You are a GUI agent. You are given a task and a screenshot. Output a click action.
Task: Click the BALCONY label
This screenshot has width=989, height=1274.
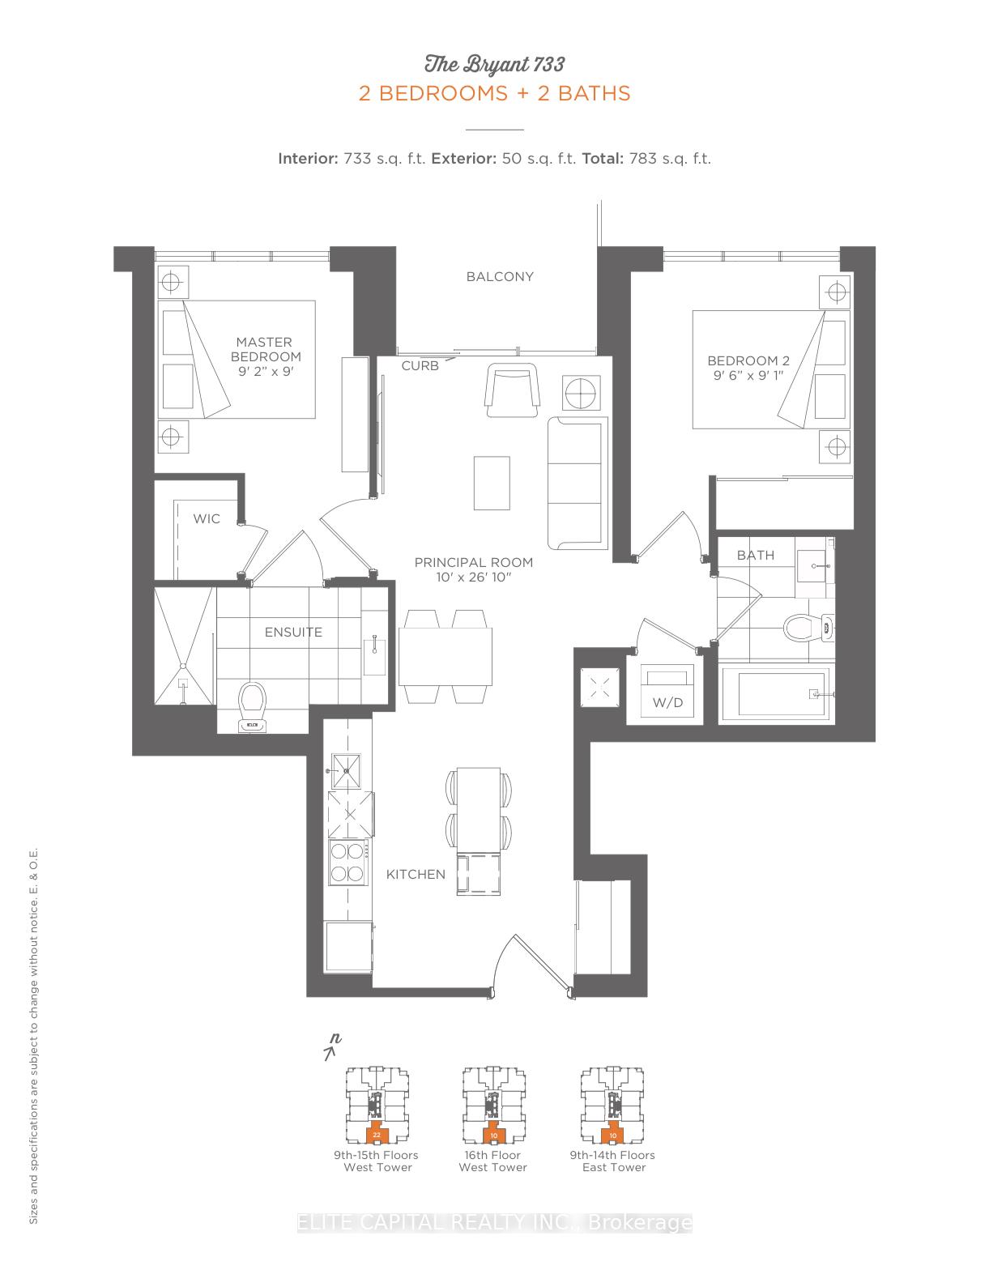click(x=500, y=276)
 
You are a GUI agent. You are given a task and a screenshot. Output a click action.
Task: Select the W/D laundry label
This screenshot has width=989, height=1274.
click(x=667, y=702)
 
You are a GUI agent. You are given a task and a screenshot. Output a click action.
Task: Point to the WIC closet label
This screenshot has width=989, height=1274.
click(x=206, y=518)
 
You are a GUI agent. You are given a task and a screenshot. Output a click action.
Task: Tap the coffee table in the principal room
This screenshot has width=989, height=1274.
click(x=492, y=483)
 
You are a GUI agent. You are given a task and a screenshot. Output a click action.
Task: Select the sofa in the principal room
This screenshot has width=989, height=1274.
click(x=578, y=483)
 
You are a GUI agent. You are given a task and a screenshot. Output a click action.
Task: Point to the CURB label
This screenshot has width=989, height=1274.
click(x=420, y=366)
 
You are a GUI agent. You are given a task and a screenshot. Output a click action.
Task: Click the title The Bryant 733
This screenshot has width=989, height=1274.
click(x=494, y=64)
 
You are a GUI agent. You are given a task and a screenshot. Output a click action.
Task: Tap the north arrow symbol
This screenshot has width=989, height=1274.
click(x=331, y=1047)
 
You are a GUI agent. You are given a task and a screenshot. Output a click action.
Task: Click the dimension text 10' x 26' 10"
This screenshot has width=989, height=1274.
click(x=474, y=577)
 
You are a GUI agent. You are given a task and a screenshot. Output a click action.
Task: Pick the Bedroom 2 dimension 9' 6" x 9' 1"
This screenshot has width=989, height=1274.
click(x=748, y=376)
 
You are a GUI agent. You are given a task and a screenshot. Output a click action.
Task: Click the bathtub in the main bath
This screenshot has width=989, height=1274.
click(x=775, y=694)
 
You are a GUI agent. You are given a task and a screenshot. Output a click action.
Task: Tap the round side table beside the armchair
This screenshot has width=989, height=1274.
click(x=581, y=394)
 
